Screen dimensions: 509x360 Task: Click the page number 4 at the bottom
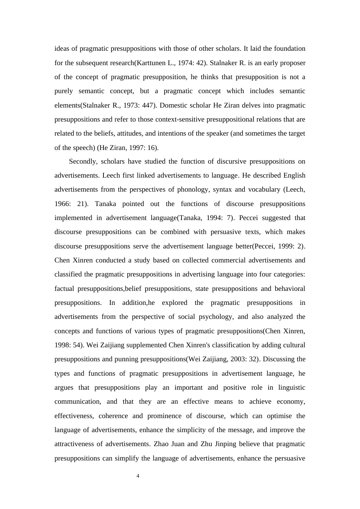coord(138,476)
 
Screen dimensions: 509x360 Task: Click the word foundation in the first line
coord(290,48)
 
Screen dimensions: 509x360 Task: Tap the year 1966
coord(62,204)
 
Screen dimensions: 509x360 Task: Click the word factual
coord(64,289)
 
